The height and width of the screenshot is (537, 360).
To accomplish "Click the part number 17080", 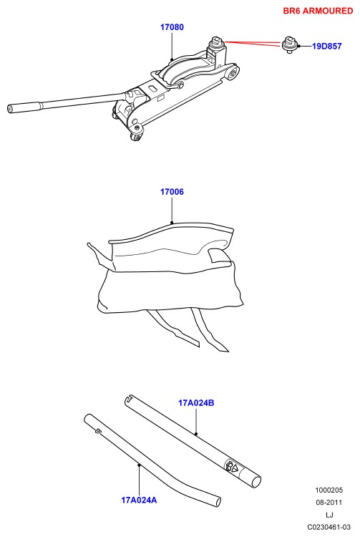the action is pos(172,27).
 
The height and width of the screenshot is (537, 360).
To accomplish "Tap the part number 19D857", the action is pos(327,46).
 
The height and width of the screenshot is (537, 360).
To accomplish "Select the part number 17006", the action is pos(172,192).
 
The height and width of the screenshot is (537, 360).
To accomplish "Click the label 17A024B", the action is pos(196,402).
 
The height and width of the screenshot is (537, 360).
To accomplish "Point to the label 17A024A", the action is pos(139,500).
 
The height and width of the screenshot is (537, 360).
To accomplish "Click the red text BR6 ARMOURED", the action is pos(318,11).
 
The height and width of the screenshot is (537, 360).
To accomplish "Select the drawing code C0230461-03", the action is pos(329,527).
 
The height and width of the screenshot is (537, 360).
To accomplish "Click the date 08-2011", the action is pos(329,503).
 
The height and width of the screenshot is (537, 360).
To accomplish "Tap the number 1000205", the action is pos(329,490).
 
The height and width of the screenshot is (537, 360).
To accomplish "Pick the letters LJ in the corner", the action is pos(329,515).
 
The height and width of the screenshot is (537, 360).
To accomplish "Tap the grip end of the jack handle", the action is pos(24,107).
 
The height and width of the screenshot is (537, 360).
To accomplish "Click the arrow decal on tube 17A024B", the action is pos(232,466).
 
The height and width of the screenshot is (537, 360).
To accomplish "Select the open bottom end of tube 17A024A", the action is pos(216,501).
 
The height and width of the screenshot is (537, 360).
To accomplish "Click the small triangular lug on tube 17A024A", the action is pos(98,431).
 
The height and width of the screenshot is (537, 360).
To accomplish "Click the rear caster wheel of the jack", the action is pos(137,136).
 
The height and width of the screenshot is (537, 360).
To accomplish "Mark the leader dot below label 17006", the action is pos(172,223).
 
